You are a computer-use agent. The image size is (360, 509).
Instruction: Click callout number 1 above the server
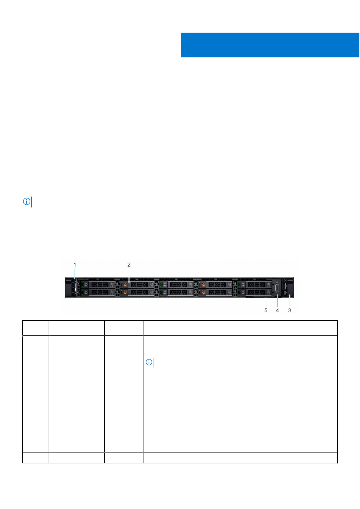(x=75, y=265)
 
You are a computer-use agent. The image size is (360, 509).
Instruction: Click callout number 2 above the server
(x=129, y=265)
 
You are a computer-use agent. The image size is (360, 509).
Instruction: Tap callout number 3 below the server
(x=290, y=310)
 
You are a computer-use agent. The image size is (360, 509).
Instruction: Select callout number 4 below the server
(x=278, y=310)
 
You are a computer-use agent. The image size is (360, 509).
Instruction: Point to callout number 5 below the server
(x=266, y=310)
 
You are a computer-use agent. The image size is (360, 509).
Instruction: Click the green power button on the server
(x=284, y=280)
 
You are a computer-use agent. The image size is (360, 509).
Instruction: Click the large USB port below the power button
(x=284, y=286)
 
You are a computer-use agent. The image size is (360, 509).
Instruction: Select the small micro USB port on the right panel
(x=284, y=293)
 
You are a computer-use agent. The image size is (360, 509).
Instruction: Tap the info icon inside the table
(x=149, y=362)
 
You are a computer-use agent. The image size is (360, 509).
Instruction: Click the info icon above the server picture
(x=27, y=201)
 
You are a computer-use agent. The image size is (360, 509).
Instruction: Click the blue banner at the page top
(x=270, y=45)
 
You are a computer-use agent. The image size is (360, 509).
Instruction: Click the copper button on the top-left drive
(x=86, y=285)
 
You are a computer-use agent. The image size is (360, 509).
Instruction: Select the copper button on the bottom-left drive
(x=86, y=292)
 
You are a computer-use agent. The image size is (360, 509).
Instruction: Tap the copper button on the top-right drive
(x=243, y=285)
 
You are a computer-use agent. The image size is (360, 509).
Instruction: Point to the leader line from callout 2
(x=129, y=275)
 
